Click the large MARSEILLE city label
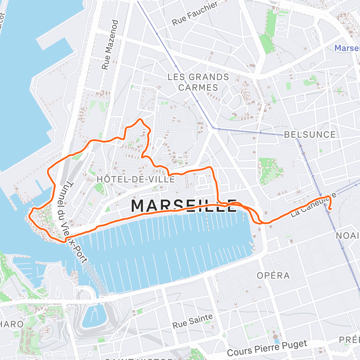(x=184, y=206)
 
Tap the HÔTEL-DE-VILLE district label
(x=136, y=179)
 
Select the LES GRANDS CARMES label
(x=198, y=82)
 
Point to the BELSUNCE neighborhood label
(x=310, y=135)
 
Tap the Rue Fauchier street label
(x=195, y=14)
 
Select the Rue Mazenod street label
(x=110, y=45)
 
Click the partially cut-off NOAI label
(x=347, y=235)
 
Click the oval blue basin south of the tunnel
(x=93, y=316)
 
